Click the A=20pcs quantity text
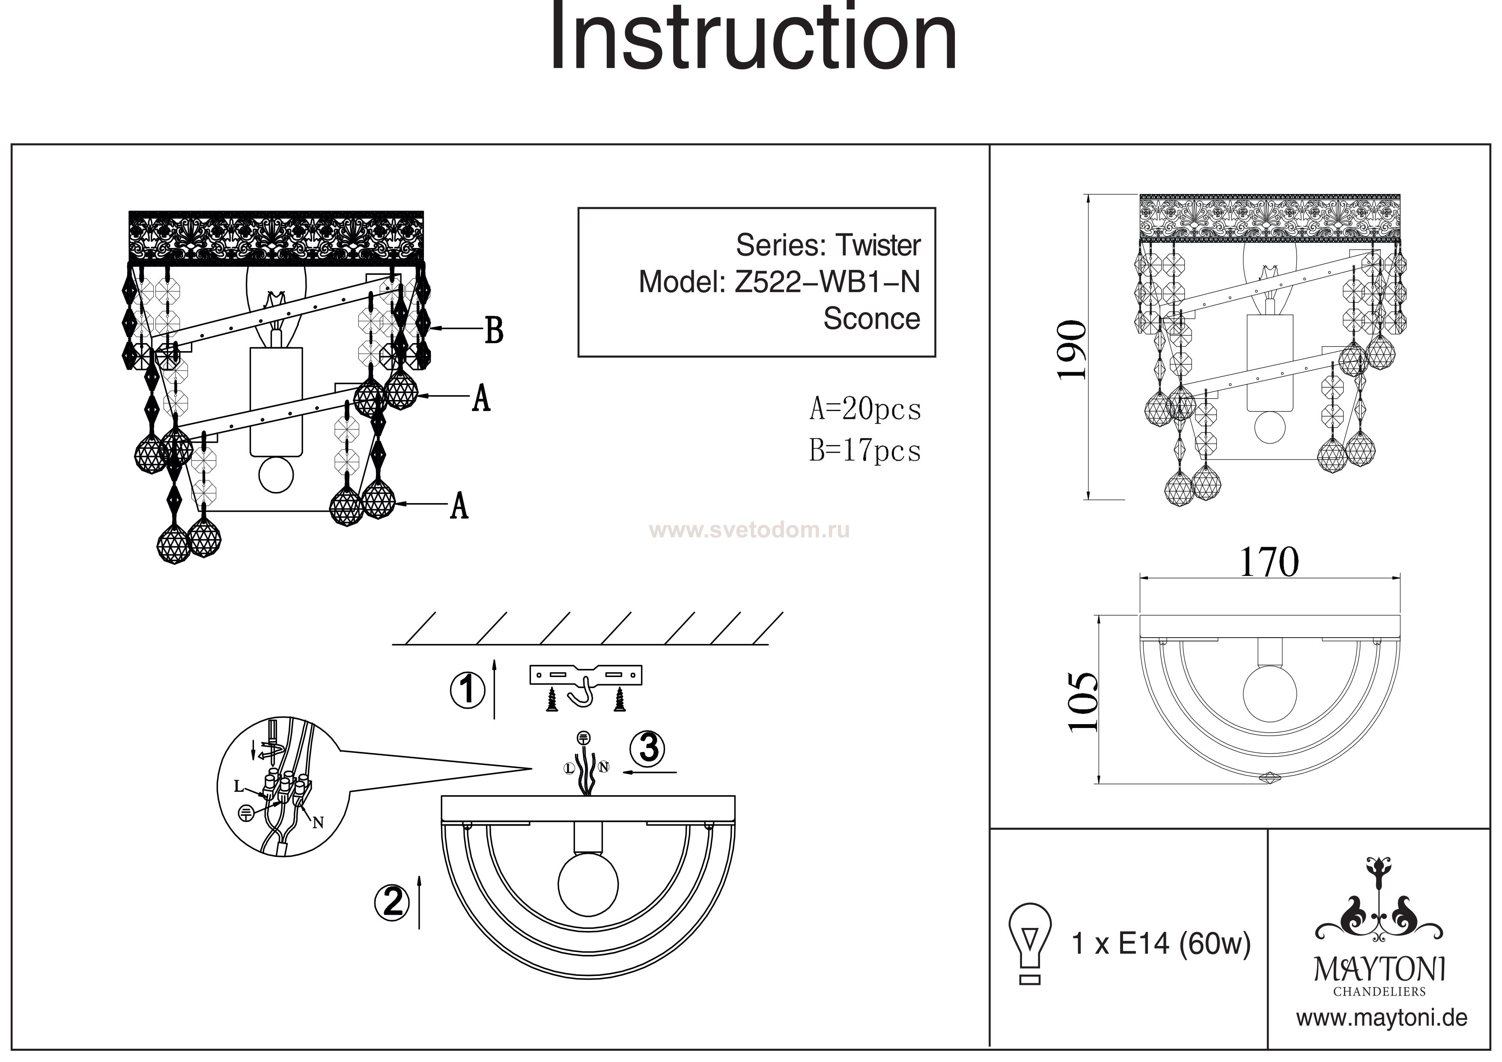[x=865, y=410]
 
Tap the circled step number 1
[x=467, y=690]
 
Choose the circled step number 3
[x=648, y=748]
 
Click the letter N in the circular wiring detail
[x=318, y=823]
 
